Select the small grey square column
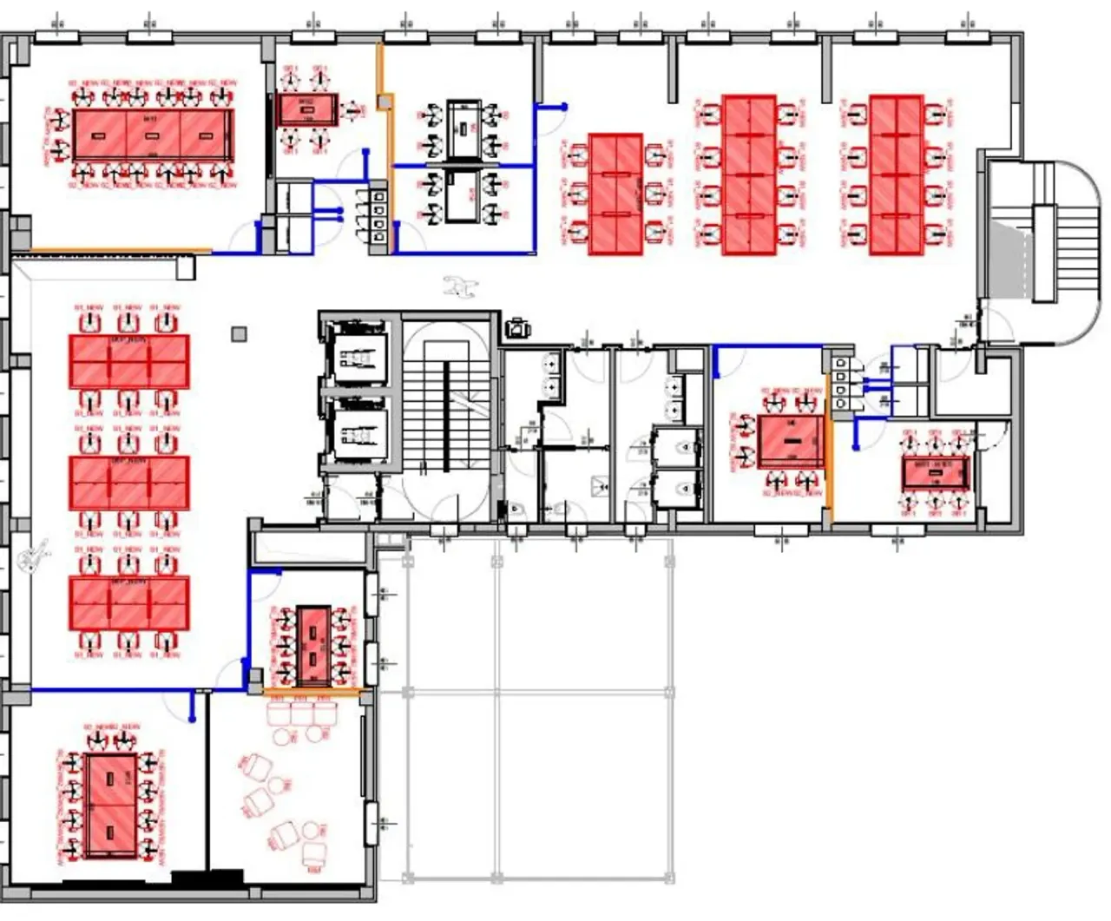[x=240, y=333]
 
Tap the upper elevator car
[x=355, y=356]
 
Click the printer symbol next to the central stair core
[x=518, y=328]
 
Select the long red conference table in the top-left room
[x=153, y=135]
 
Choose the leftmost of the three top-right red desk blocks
[x=615, y=194]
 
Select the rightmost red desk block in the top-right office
[x=896, y=175]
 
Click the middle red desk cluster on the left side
[x=128, y=484]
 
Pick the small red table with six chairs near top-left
[x=306, y=110]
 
